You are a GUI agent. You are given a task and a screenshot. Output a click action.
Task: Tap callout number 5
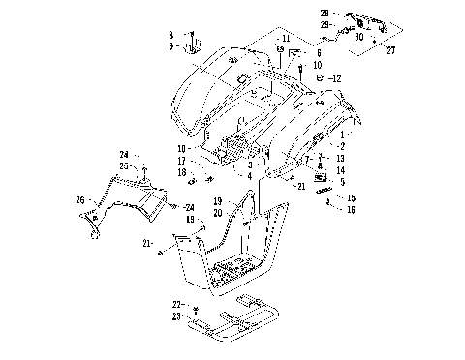[x=341, y=181]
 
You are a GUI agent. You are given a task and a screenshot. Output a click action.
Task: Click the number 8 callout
[x=170, y=35]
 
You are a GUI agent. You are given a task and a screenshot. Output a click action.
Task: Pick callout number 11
[x=286, y=38]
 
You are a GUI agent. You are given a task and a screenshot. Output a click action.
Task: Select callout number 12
[x=336, y=77]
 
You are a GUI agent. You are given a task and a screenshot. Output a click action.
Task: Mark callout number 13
[x=341, y=157]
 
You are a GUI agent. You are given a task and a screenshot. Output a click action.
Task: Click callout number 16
[x=351, y=209]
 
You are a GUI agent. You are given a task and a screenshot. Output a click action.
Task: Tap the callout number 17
[x=181, y=161]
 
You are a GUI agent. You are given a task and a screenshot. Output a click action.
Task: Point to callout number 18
[x=181, y=172]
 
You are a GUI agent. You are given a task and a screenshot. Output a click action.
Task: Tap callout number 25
[x=124, y=165]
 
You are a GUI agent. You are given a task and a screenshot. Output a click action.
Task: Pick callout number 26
[x=80, y=200]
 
